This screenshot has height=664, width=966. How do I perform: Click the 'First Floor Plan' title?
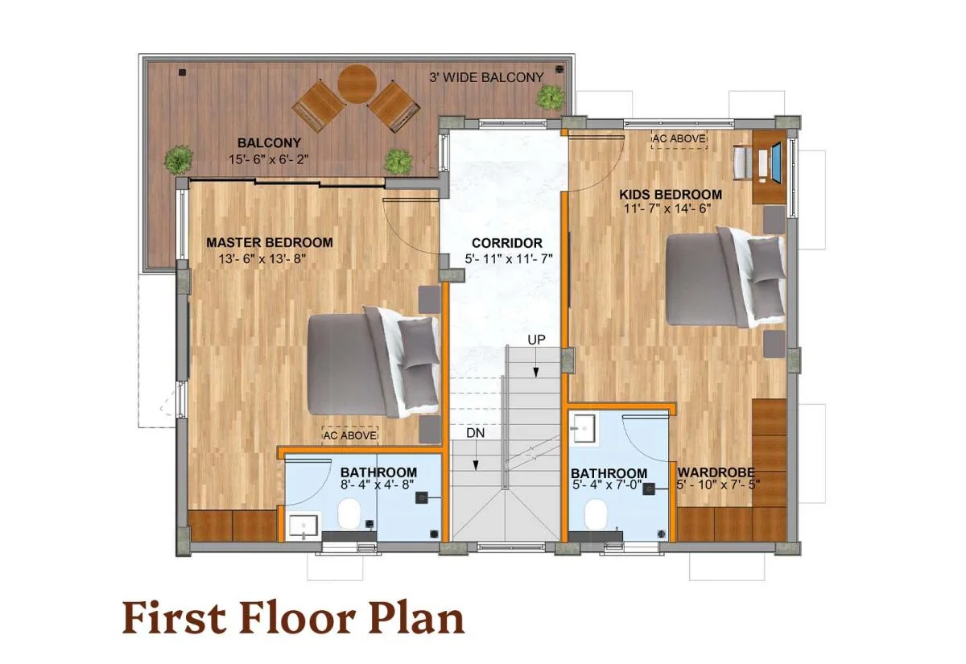(x=293, y=618)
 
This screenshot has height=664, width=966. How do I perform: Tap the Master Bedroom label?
(x=269, y=242)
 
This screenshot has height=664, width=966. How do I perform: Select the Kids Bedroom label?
(x=670, y=195)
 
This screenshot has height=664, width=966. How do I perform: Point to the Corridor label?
(x=506, y=243)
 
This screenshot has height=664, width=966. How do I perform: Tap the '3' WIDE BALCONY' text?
(x=486, y=77)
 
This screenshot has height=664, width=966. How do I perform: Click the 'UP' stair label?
(x=536, y=340)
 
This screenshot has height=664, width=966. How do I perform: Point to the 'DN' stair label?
(x=476, y=433)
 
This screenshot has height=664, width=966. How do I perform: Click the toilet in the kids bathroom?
(x=596, y=512)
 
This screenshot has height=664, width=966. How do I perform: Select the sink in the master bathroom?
(x=303, y=525)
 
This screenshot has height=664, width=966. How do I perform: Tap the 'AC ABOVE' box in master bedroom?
(x=350, y=435)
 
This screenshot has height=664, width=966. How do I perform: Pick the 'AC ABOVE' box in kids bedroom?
(x=679, y=139)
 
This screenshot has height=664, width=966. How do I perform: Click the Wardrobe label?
(x=715, y=472)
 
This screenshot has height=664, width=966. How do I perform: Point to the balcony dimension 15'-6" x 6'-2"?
(x=269, y=160)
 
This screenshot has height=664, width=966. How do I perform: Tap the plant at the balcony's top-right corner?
(x=551, y=97)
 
